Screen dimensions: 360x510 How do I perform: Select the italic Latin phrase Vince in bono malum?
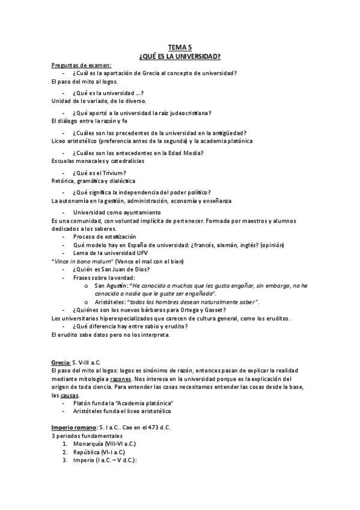(79, 261)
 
